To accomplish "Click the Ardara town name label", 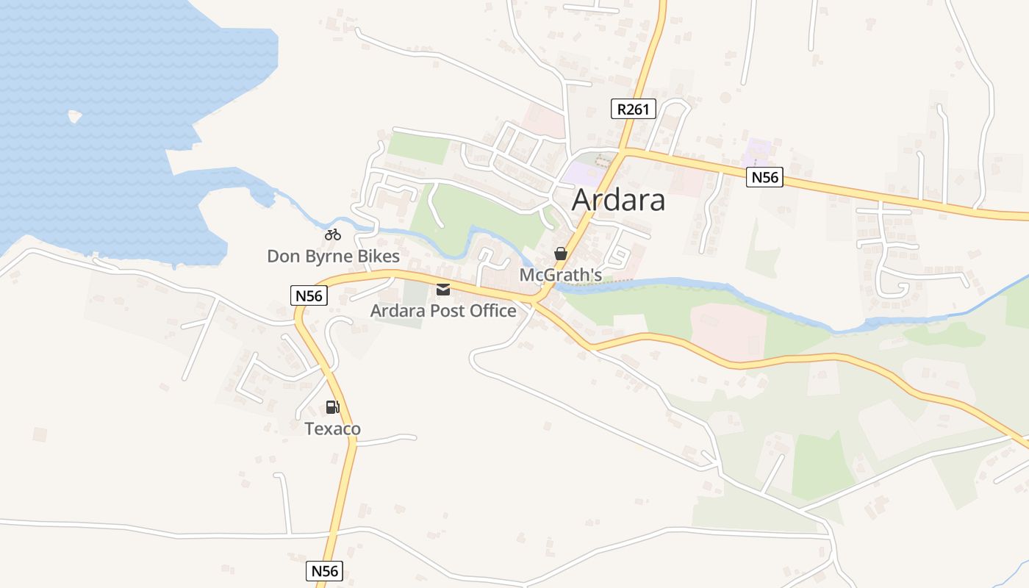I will [x=618, y=200].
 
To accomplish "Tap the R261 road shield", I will [x=633, y=110].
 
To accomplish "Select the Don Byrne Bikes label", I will [x=333, y=257].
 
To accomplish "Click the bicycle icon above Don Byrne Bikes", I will [x=333, y=235].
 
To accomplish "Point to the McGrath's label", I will [x=561, y=275].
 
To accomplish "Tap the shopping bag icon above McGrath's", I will [x=561, y=254].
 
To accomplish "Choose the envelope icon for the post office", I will [x=443, y=290].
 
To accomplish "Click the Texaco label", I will [x=333, y=429].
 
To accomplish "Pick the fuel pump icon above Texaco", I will [x=333, y=407].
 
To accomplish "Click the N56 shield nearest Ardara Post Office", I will [x=309, y=296].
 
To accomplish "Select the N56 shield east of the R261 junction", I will [x=764, y=177].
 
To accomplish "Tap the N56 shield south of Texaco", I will [x=324, y=571].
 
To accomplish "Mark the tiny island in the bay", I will [x=74, y=116].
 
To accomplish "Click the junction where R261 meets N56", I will [x=623, y=151].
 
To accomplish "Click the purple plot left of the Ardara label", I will [x=581, y=174].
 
